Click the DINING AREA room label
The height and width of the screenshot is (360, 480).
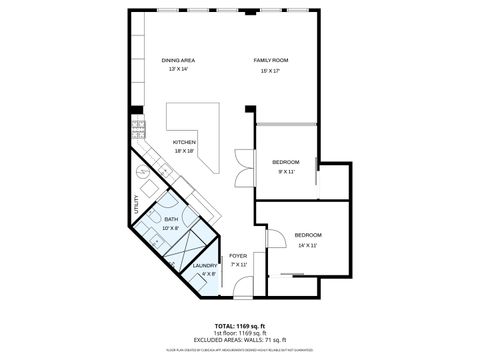pyautogui.click(x=178, y=61)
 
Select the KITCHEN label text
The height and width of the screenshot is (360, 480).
pyautogui.click(x=184, y=142)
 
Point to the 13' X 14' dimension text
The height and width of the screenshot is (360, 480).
pyautogui.click(x=178, y=70)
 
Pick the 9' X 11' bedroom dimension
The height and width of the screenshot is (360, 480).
pyautogui.click(x=285, y=171)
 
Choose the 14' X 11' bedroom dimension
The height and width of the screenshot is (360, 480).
pyautogui.click(x=306, y=245)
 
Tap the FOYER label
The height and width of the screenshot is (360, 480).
pyautogui.click(x=238, y=256)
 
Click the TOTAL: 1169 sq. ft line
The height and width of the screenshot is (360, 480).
pyautogui.click(x=239, y=326)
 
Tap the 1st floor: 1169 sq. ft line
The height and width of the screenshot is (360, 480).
pyautogui.click(x=239, y=333)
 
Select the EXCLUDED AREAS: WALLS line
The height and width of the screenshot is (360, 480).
pyautogui.click(x=239, y=340)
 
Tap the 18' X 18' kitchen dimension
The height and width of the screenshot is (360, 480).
pyautogui.click(x=184, y=151)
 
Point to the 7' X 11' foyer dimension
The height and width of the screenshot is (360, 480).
pyautogui.click(x=238, y=265)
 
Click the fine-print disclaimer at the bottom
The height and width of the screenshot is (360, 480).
pyautogui.click(x=239, y=349)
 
